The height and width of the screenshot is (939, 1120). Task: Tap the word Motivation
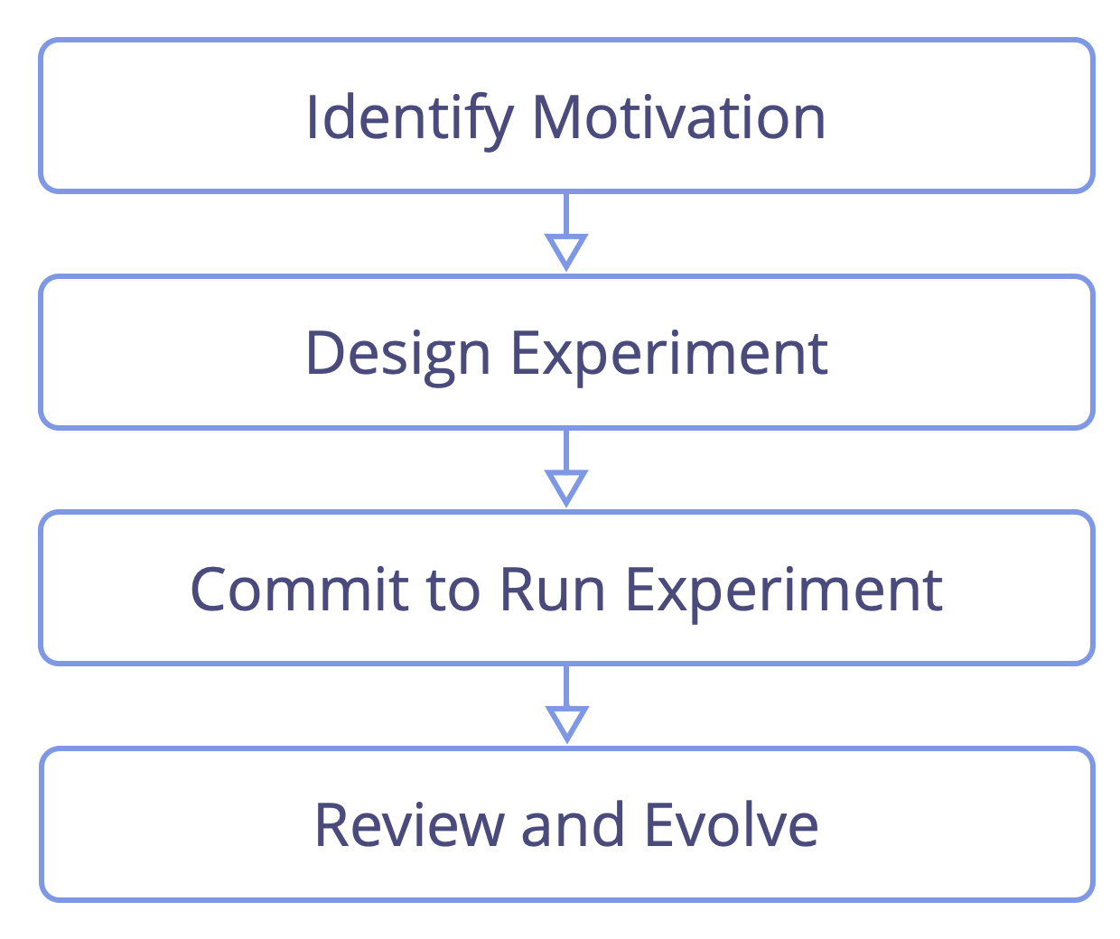click(x=678, y=117)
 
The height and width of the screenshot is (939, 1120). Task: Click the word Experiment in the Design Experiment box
click(x=669, y=357)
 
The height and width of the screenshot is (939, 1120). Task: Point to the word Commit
click(x=299, y=590)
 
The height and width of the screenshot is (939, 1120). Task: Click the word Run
click(x=552, y=590)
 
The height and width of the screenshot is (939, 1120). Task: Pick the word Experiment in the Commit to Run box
click(x=784, y=593)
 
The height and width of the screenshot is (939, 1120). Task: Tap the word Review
click(x=409, y=825)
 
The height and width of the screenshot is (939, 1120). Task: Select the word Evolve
click(x=732, y=824)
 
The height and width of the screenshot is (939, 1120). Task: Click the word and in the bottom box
click(x=573, y=824)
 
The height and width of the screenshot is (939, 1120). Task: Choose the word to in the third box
click(x=453, y=590)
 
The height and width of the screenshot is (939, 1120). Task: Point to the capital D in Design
click(x=324, y=352)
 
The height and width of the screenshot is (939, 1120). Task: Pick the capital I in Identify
click(x=311, y=117)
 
